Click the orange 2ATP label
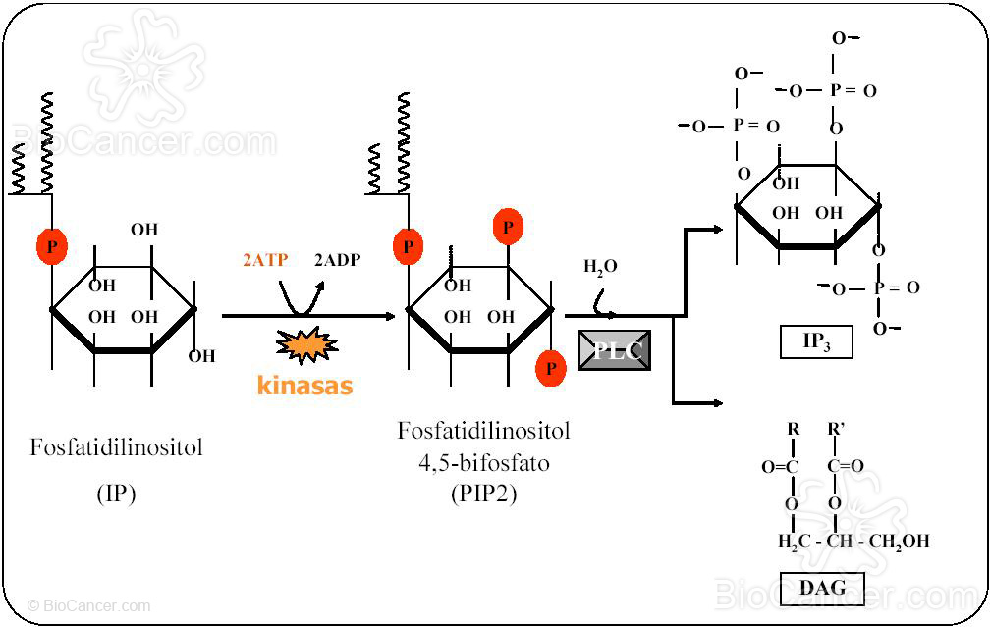265,261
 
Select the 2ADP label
337,261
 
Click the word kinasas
304,386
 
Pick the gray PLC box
614,350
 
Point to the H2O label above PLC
600,267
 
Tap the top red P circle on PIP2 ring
508,227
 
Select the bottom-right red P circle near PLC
551,368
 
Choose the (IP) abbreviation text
116,493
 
